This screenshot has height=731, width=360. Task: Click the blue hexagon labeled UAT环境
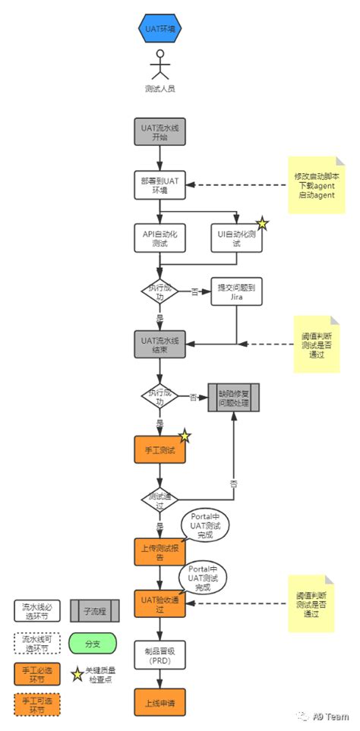(x=159, y=29)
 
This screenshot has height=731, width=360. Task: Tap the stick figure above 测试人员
(x=159, y=65)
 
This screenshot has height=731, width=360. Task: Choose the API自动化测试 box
(x=159, y=238)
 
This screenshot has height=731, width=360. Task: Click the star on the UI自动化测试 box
(x=261, y=223)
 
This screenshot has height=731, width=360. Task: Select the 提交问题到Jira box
(x=236, y=291)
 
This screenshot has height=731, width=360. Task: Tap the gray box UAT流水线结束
(x=159, y=344)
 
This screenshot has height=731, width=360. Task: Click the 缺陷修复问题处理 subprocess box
(x=233, y=397)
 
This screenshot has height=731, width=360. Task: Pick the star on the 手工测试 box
(x=184, y=436)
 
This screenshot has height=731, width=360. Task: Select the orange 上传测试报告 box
(x=159, y=550)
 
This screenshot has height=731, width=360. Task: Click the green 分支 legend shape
(x=92, y=643)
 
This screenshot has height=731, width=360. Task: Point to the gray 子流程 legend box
(x=92, y=610)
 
